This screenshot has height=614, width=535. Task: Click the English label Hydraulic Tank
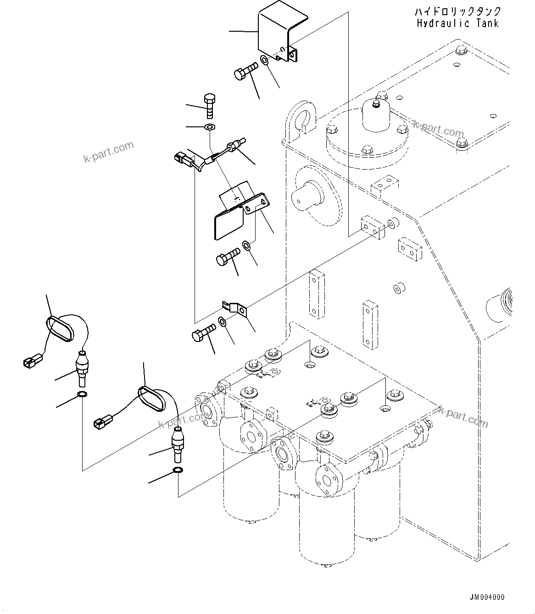[457, 23]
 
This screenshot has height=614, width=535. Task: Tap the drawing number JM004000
[487, 597]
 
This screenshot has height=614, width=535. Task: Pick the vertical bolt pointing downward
[208, 105]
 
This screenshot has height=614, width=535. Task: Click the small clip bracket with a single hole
[235, 308]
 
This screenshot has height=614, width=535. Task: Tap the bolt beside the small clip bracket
[203, 333]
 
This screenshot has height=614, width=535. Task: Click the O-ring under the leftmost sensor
[82, 394]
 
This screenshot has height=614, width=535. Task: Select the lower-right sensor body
[178, 443]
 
